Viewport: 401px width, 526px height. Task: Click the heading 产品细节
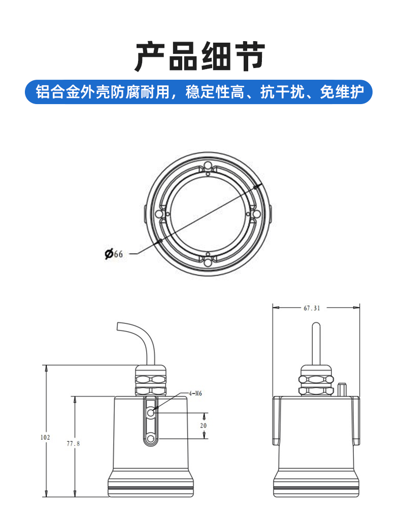[200, 56]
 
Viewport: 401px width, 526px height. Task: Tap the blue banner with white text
[199, 92]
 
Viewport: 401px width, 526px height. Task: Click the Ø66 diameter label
[114, 254]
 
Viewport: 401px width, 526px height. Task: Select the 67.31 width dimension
[312, 308]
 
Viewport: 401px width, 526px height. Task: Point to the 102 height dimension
[45, 437]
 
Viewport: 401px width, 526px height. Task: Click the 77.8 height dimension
[73, 443]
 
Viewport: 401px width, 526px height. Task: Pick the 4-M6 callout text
[195, 393]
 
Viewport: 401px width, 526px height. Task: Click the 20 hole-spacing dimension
[203, 425]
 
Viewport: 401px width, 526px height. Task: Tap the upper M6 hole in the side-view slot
[151, 413]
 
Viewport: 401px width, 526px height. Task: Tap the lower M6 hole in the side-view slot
[151, 439]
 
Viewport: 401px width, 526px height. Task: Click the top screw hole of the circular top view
[208, 166]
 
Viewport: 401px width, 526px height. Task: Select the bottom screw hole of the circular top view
[208, 262]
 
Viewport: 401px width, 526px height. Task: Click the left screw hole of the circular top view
[159, 214]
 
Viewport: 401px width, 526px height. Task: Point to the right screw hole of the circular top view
[256, 214]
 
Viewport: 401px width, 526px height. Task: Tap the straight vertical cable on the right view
[316, 344]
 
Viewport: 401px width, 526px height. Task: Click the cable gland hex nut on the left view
[151, 380]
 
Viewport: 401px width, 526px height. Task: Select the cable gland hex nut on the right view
[316, 381]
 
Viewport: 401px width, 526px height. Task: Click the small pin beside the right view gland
[342, 389]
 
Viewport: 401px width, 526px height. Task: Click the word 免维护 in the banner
[342, 92]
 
